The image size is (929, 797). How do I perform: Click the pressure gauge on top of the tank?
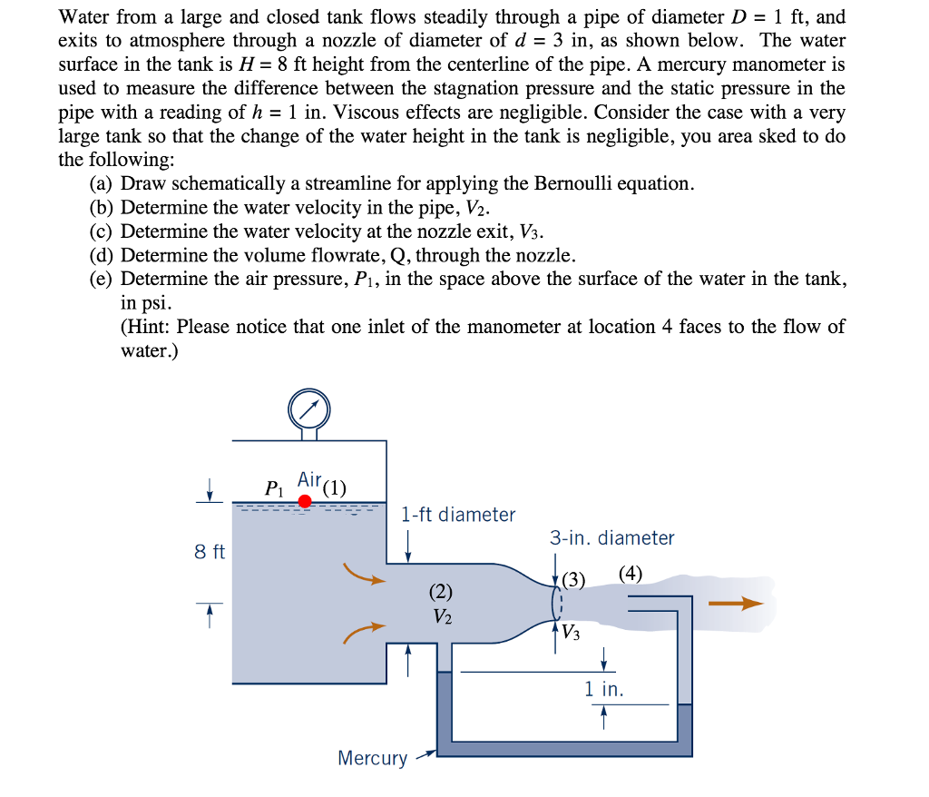pos(309,410)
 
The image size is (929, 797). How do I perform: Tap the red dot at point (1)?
pos(305,501)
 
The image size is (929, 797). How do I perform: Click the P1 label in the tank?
pos(273,487)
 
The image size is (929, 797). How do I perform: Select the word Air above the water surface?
pos(309,478)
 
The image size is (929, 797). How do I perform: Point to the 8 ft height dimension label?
pos(210,551)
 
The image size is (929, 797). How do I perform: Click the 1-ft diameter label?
pos(458,515)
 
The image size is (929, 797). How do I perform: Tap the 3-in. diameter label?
pos(612,538)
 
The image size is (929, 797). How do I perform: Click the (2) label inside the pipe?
pos(440,592)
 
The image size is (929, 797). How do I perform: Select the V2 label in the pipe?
pos(441,617)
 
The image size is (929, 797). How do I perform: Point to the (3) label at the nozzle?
pos(573,579)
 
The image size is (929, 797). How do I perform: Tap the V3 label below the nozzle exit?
pos(571,633)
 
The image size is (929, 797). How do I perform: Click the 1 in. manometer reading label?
pos(604,689)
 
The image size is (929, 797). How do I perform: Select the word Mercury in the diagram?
pos(372,758)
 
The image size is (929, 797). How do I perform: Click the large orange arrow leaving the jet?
pos(736,603)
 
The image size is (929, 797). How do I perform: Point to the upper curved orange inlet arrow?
pos(365,575)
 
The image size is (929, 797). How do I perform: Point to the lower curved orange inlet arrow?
pos(365,633)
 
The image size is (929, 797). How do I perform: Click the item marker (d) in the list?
pos(103,254)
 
